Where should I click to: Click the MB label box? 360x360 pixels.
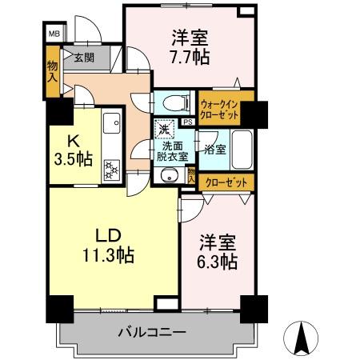[54, 34]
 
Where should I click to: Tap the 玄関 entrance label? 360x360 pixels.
[84, 58]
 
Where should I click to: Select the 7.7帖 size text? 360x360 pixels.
[190, 56]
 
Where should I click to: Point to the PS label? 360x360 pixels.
[186, 122]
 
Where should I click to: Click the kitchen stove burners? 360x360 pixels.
[111, 167]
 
